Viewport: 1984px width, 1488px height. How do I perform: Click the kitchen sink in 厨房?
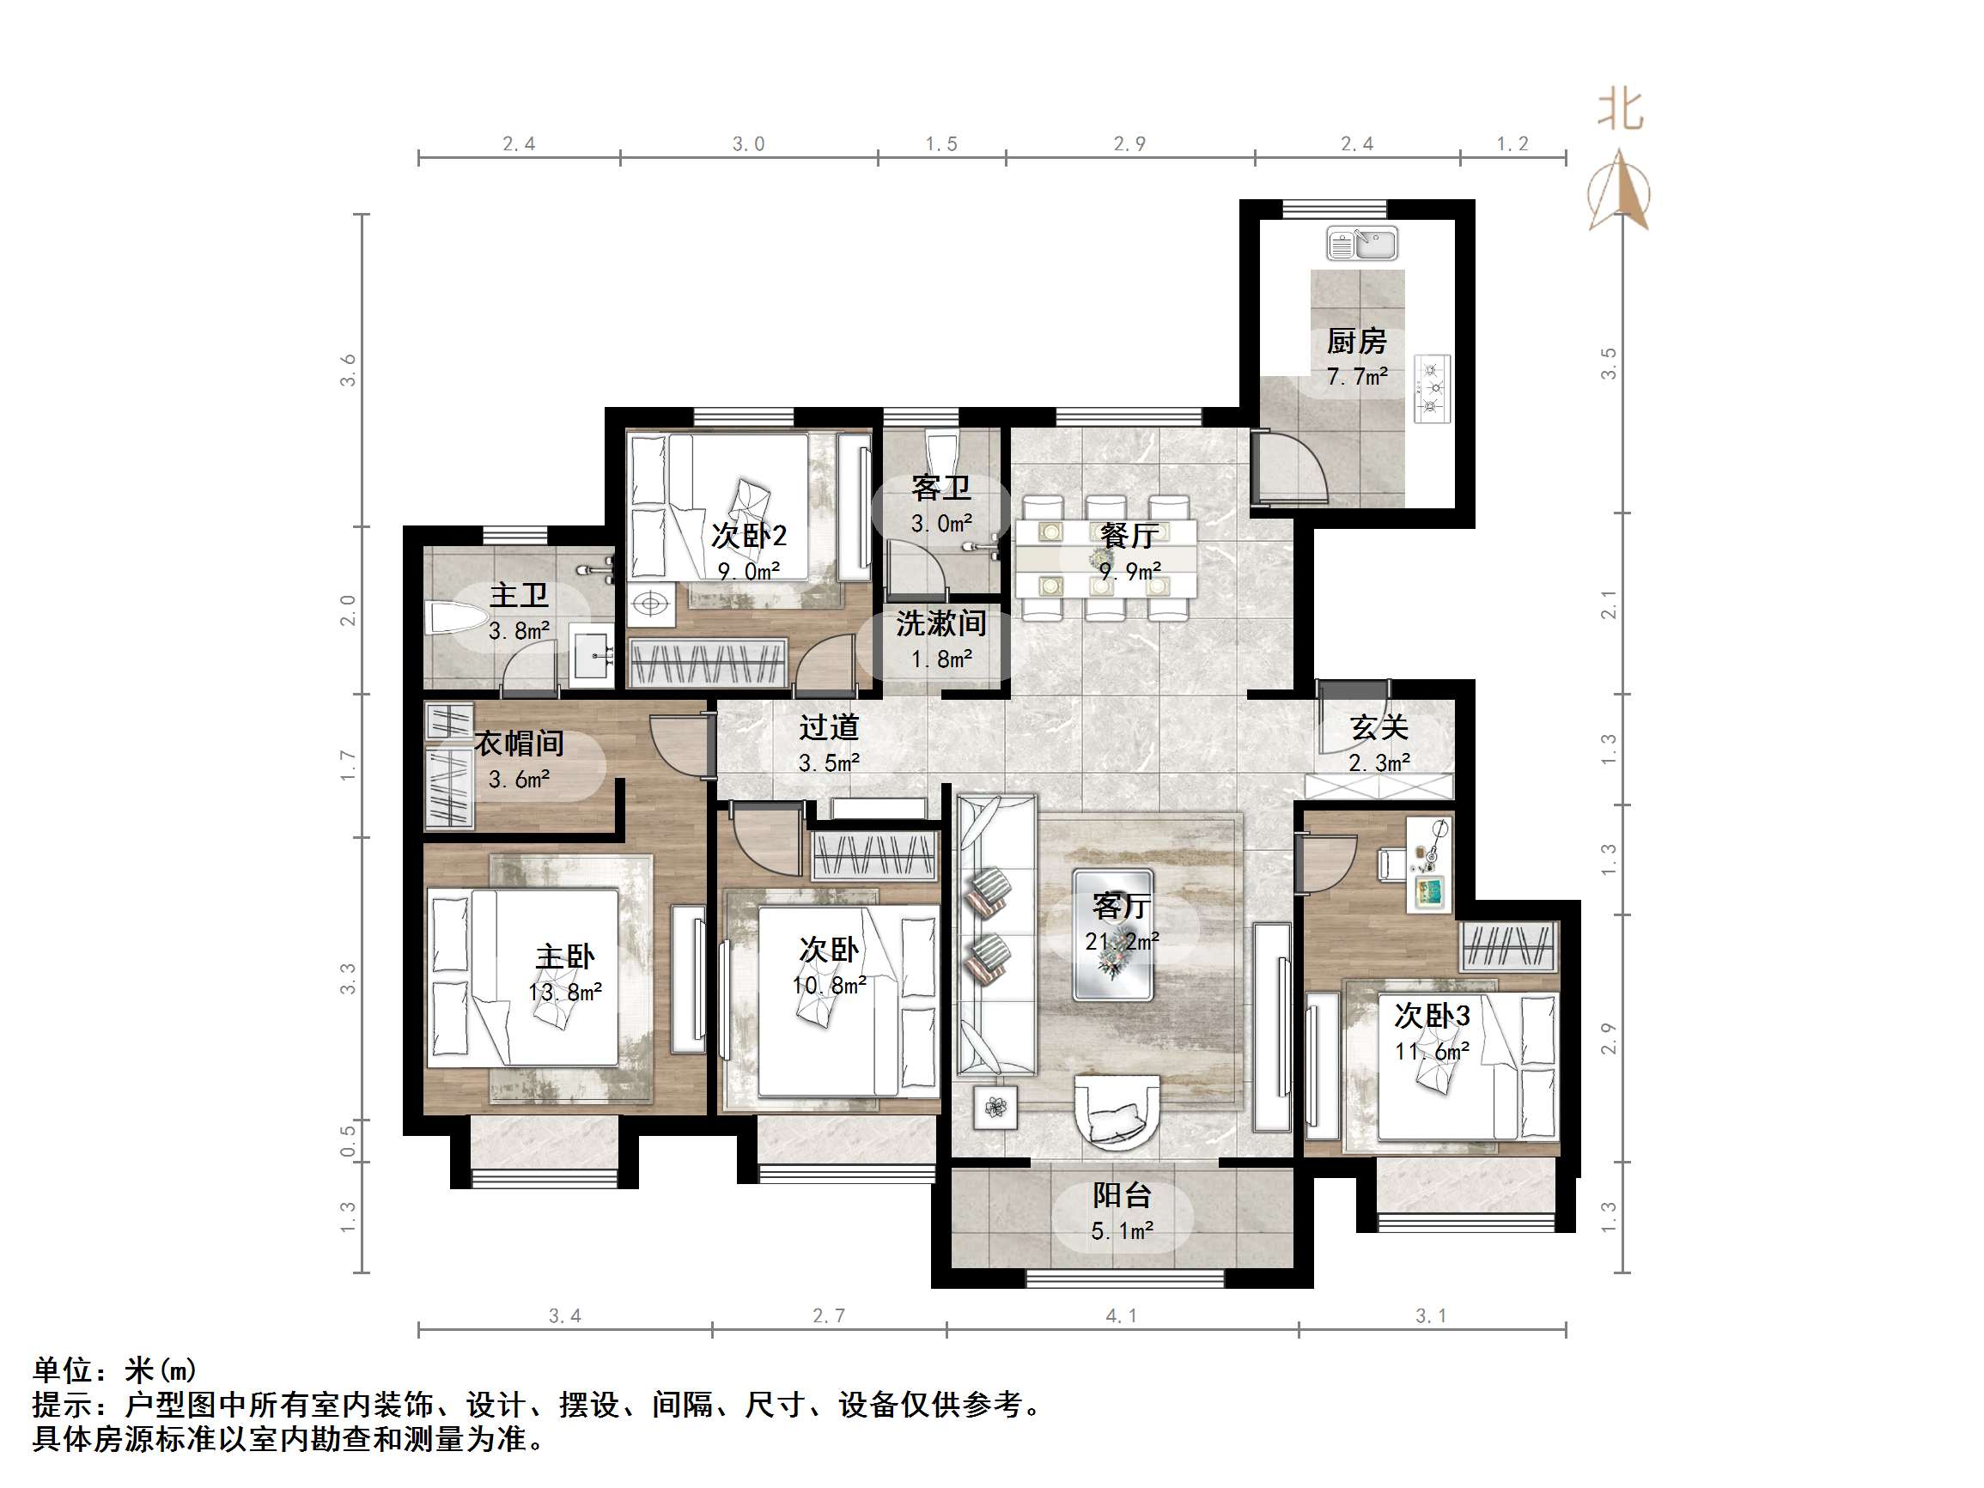1361,244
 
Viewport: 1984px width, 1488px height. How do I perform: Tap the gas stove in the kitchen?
1433,388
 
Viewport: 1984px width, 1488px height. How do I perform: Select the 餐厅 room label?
1129,537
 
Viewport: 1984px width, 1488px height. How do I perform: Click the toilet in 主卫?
456,618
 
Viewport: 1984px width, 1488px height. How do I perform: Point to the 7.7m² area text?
1357,377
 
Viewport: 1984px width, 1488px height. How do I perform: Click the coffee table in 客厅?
1113,934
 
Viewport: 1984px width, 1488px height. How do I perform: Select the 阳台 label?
1121,1195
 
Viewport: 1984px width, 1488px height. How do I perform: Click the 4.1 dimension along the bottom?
1120,1315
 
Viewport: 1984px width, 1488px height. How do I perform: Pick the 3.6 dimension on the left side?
348,370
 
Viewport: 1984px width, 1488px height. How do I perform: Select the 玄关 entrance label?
1378,727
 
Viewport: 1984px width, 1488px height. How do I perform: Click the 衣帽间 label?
519,744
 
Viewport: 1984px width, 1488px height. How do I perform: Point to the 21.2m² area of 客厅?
1121,942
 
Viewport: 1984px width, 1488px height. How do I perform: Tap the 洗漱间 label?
940,623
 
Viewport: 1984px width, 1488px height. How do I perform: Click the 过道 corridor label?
829,727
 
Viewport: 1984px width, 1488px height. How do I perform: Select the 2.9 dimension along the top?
1129,143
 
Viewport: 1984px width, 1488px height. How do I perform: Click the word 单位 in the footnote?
62,1370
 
